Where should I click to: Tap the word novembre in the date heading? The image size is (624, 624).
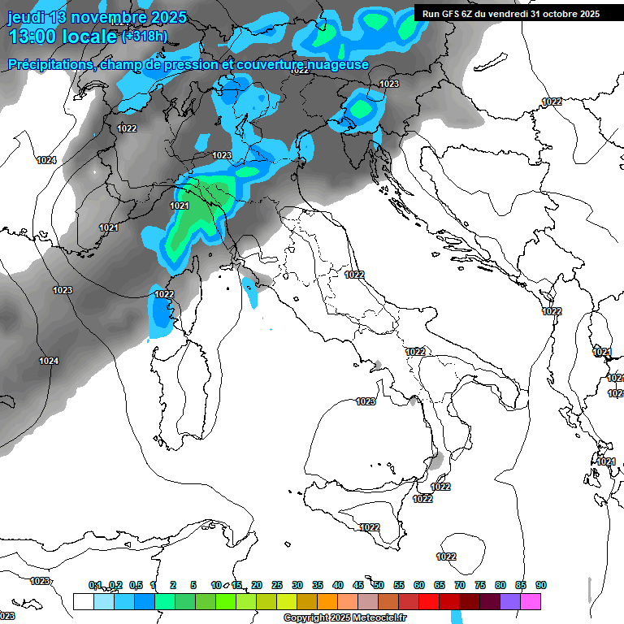[106, 16]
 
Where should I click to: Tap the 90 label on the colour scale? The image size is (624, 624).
[541, 585]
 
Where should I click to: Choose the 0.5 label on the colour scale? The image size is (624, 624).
[136, 585]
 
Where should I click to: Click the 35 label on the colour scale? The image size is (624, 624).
[318, 585]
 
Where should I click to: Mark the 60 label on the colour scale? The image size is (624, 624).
[419, 585]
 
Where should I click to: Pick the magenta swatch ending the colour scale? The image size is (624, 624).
[531, 601]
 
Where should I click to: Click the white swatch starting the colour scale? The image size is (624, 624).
[83, 601]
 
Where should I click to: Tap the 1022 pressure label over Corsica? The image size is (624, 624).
[164, 294]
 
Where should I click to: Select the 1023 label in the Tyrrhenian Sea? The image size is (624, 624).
[366, 401]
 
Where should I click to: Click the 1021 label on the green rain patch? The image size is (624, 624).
[180, 206]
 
